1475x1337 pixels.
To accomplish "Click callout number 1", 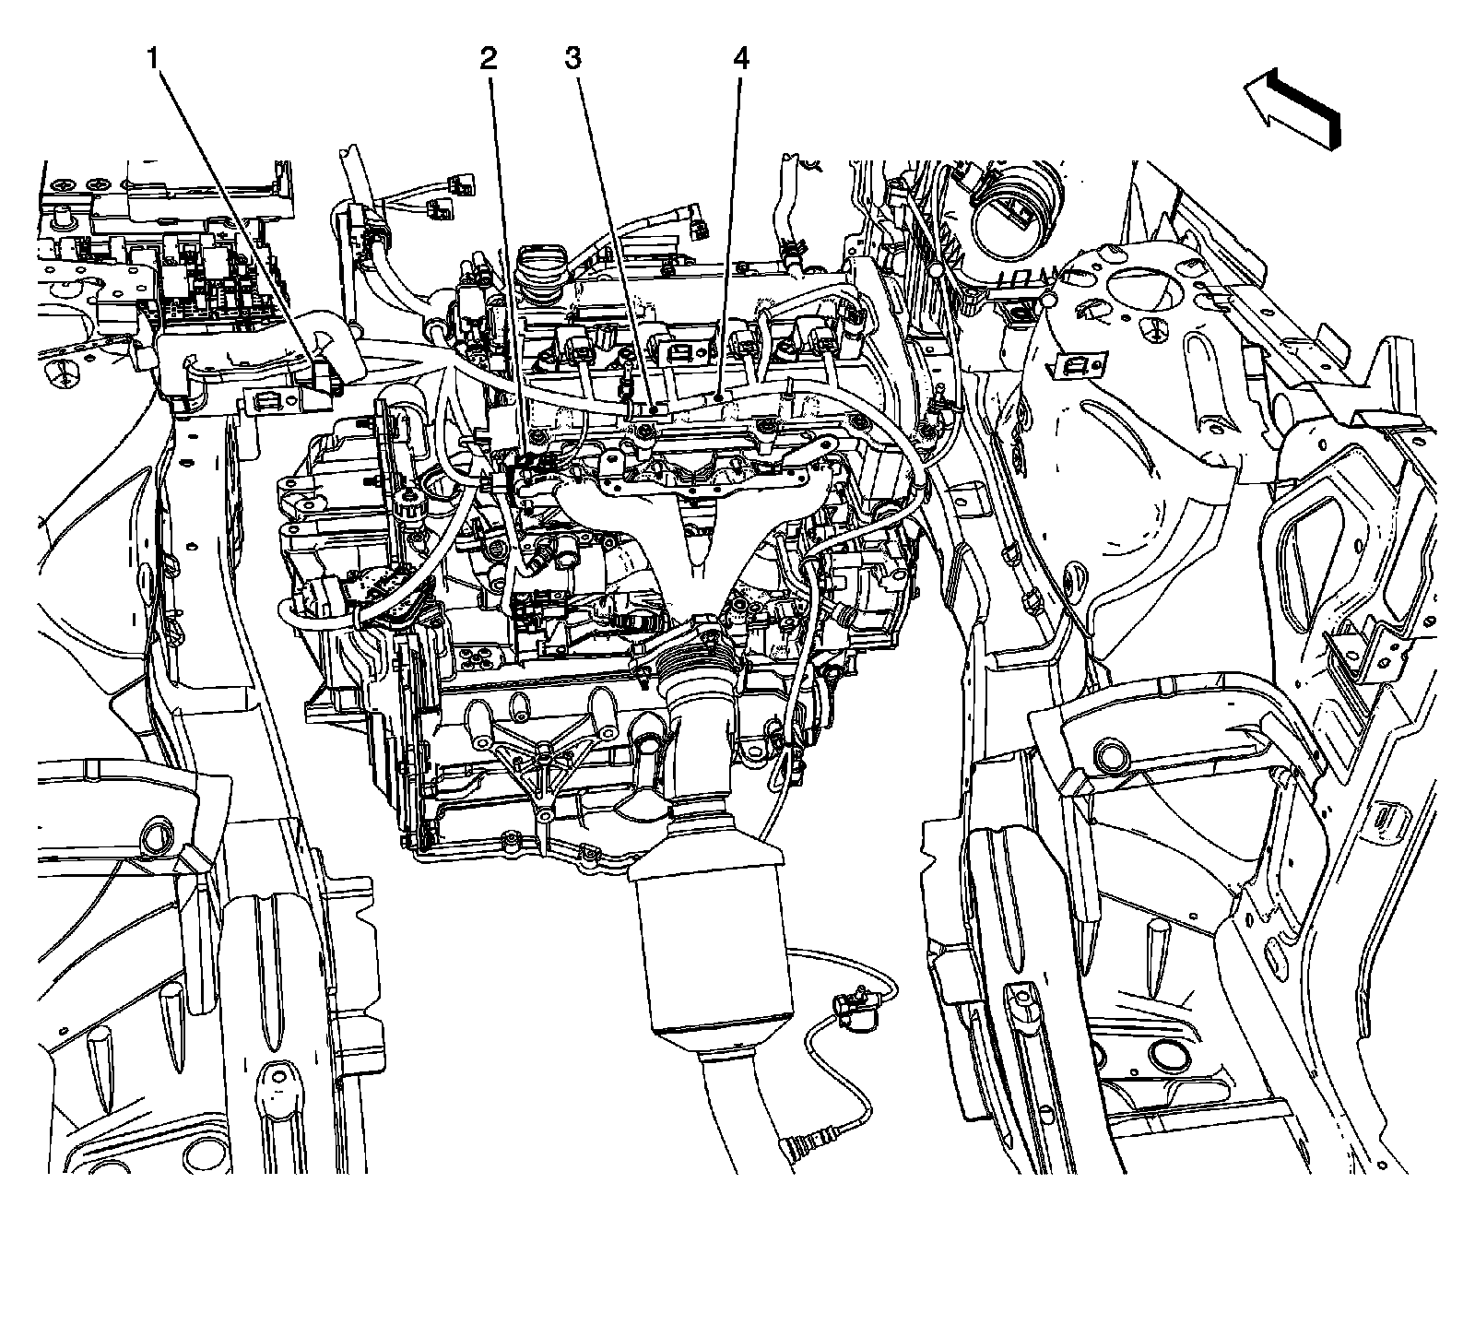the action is tap(153, 60).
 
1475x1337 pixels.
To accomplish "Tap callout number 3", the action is tap(572, 60).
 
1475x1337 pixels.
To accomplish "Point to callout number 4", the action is tap(741, 60).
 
